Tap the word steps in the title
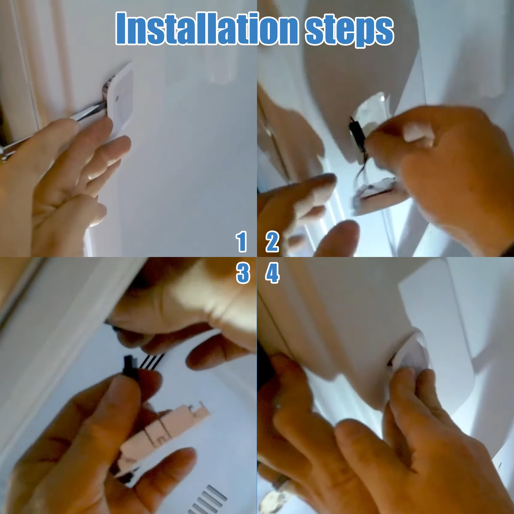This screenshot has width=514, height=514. click(350, 31)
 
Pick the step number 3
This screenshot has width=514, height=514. click(243, 273)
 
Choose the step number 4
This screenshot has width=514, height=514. click(272, 273)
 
